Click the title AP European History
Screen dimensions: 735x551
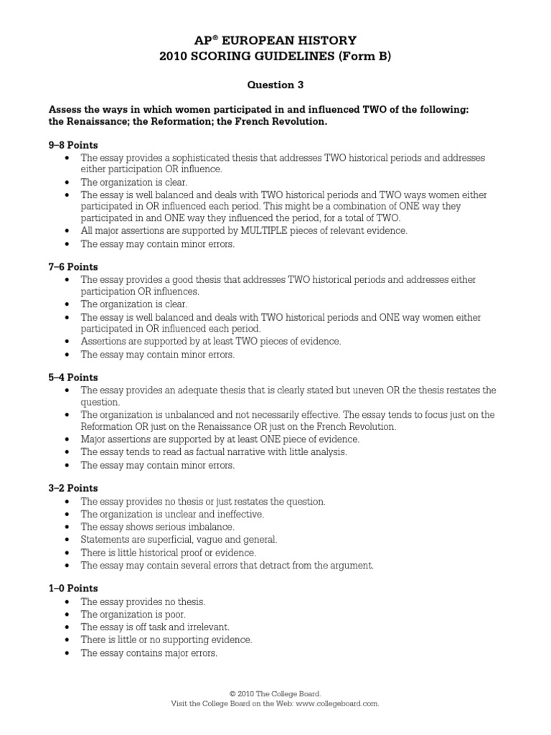(275, 41)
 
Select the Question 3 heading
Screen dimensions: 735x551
(275, 85)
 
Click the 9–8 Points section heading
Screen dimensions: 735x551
(73, 144)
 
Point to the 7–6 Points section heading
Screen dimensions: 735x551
(73, 266)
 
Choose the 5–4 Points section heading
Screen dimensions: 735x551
(73, 377)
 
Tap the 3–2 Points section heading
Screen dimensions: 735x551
(73, 487)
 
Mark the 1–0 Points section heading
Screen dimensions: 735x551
(73, 588)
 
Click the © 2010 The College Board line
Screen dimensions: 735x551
(275, 694)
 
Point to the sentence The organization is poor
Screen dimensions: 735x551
(133, 614)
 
